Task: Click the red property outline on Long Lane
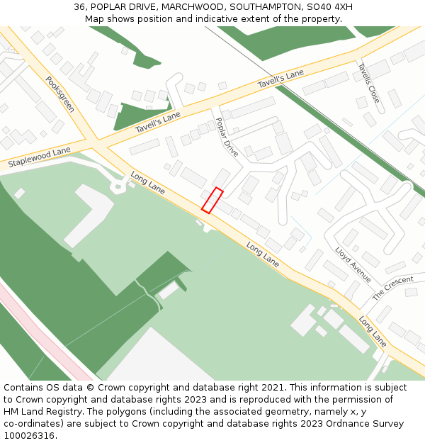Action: coord(212,200)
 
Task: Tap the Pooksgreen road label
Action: coord(60,94)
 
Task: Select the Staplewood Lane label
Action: coord(40,157)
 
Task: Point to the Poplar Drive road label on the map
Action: coord(227,137)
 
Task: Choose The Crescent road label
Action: coord(393,287)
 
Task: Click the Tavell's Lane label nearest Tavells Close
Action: coord(280,79)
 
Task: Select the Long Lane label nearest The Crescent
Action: coord(373,331)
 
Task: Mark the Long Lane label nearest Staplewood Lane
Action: coord(148,182)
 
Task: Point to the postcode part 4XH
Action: coord(343,7)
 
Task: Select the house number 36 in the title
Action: coord(79,7)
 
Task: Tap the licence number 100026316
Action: coord(29,436)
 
